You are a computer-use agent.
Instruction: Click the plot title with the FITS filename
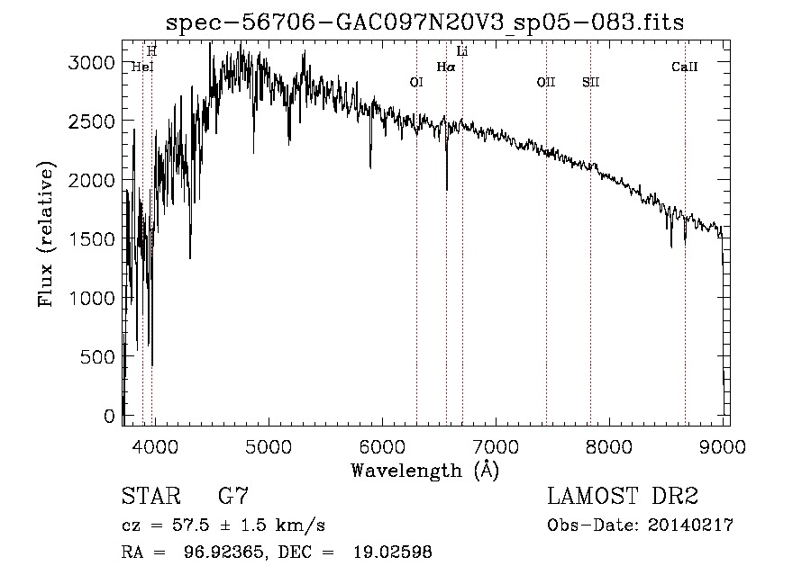[426, 22]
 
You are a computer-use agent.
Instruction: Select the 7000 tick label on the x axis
[495, 445]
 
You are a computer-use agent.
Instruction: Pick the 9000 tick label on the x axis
[723, 445]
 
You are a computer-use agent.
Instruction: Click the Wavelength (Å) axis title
[424, 470]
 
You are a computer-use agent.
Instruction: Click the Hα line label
[446, 67]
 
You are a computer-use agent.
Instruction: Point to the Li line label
[462, 51]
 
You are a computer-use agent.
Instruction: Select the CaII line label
[685, 67]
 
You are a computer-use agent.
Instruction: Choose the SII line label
[590, 82]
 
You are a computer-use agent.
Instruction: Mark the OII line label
[546, 82]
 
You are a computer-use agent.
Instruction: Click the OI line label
[416, 82]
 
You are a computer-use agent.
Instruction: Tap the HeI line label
[142, 67]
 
